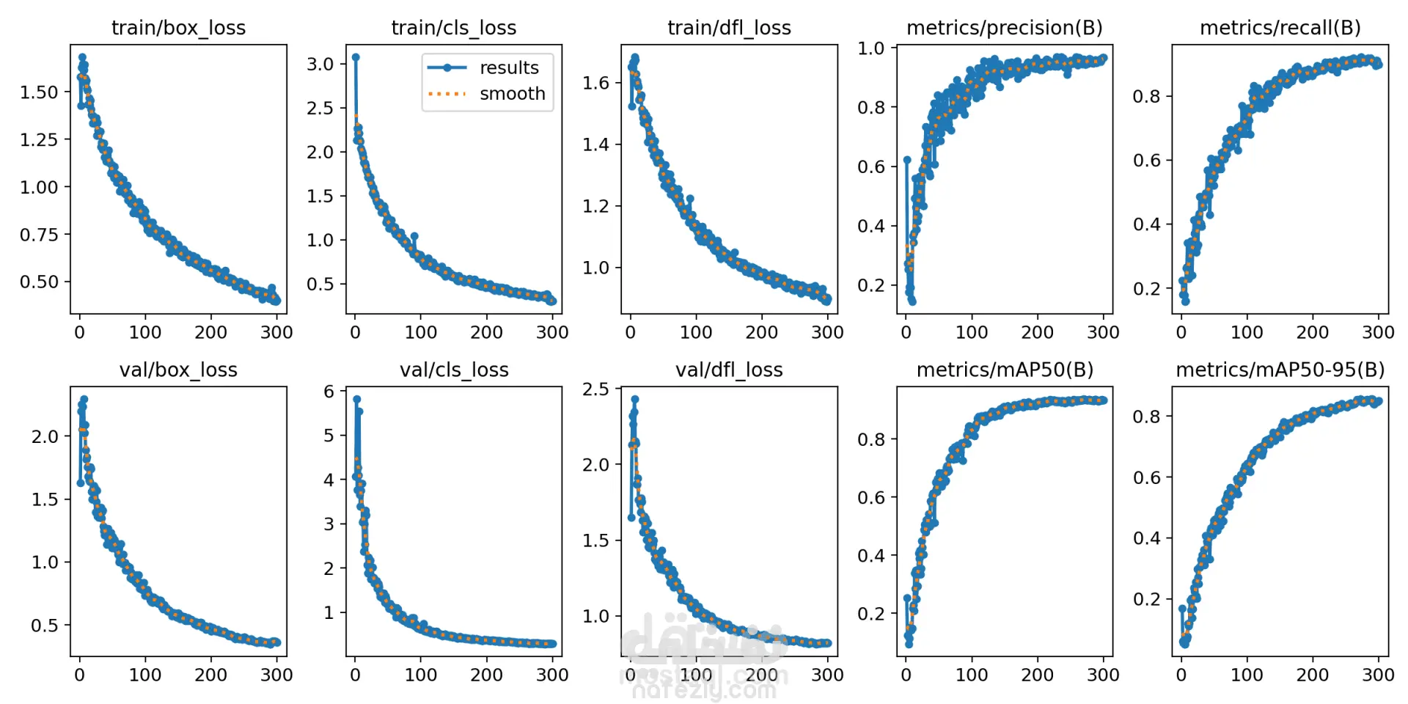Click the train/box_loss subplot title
tap(178, 28)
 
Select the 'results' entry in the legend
tap(509, 67)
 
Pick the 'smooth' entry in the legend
tap(512, 94)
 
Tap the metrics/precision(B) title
tap(1004, 28)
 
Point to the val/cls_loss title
tap(454, 370)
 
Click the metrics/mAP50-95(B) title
tap(1280, 370)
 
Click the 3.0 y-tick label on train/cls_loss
tap(320, 64)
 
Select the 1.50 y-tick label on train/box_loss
tap(39, 92)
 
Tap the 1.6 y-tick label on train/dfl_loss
tap(595, 83)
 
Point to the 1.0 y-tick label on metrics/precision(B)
tap(871, 48)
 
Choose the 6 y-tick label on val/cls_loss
tap(329, 392)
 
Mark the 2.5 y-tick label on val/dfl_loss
tap(595, 389)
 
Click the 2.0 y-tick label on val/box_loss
tap(45, 437)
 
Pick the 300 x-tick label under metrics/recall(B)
tap(1378, 332)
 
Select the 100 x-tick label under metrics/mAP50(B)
tap(972, 675)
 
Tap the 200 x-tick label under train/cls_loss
tap(486, 332)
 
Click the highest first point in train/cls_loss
tap(356, 56)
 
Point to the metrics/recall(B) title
tap(1280, 28)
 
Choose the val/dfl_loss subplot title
tap(729, 370)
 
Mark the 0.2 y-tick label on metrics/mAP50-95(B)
tap(1146, 599)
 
